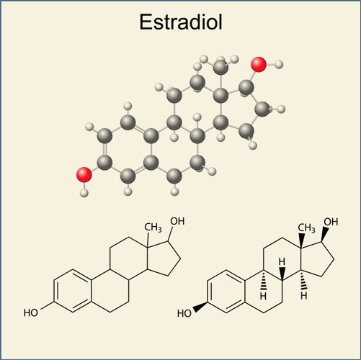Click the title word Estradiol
(181, 22)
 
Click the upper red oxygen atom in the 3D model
(259, 64)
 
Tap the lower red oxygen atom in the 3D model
(84, 174)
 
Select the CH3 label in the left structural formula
(153, 228)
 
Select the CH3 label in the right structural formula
(306, 228)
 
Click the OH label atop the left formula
(177, 221)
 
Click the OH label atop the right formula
(331, 222)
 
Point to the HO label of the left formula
(31, 312)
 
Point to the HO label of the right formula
(184, 313)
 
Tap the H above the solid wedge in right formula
(282, 262)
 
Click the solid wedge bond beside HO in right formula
(201, 307)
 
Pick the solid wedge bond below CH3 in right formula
(301, 241)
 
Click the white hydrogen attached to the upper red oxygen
(279, 64)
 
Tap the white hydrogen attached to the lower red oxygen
(84, 192)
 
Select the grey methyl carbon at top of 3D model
(220, 67)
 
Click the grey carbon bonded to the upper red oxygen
(246, 88)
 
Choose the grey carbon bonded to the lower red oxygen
(104, 163)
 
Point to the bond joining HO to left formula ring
(47, 305)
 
